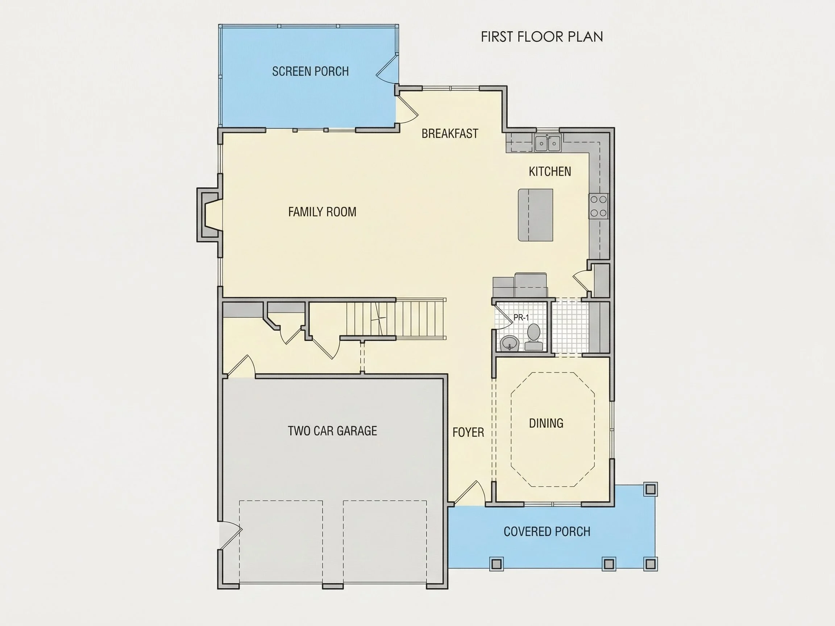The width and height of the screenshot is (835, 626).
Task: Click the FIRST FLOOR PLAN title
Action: [x=542, y=37]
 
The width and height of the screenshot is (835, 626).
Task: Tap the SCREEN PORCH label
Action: [x=310, y=71]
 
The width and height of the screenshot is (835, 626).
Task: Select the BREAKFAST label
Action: [x=450, y=134]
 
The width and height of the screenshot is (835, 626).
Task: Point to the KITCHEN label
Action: [x=550, y=172]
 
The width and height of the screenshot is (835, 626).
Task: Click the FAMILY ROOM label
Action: [x=322, y=212]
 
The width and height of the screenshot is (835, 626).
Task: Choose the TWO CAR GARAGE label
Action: [x=332, y=431]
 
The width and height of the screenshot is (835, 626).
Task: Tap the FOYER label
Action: [x=468, y=433]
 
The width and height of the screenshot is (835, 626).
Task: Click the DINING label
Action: [x=546, y=423]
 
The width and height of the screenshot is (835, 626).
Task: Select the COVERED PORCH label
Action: [x=547, y=532]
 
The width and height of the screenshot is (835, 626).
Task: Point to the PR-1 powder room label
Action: [x=521, y=318]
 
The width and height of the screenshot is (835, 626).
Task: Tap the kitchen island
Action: [x=535, y=215]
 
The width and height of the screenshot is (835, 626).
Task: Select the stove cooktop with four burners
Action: [x=598, y=206]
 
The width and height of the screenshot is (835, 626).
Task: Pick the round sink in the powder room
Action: [x=510, y=343]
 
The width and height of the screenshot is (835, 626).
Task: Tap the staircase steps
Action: [x=396, y=318]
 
